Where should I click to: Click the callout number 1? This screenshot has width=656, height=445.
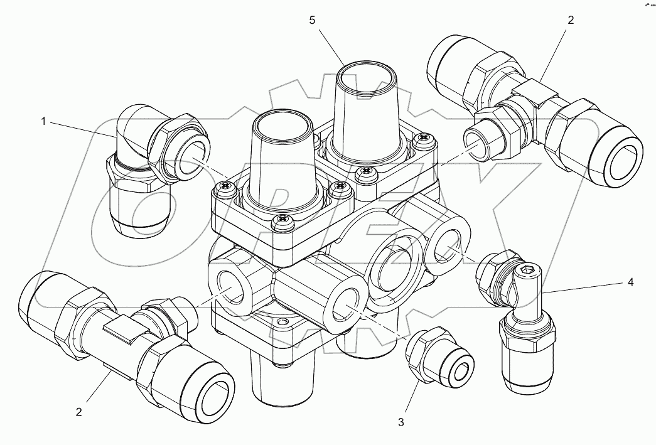(x=43, y=121)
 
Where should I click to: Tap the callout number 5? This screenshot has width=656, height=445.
(x=312, y=21)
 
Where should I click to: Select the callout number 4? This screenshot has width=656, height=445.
(x=630, y=282)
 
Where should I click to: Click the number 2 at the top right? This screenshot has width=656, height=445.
(x=570, y=20)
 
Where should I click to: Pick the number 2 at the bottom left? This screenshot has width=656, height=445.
(x=79, y=412)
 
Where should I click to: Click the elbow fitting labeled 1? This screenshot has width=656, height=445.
(x=151, y=163)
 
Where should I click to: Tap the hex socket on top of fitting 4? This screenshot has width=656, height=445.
(x=527, y=272)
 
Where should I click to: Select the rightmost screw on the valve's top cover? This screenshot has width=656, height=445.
(x=424, y=138)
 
